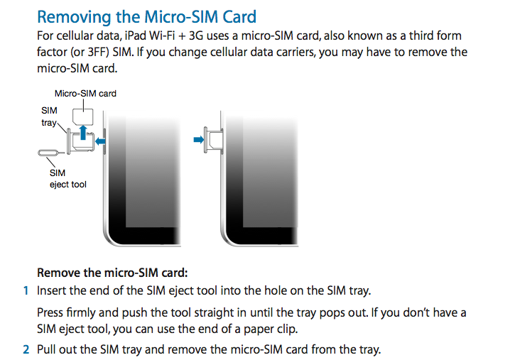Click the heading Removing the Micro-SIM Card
point(147,17)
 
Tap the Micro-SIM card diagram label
point(85,94)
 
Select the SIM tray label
point(49,116)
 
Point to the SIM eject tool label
point(67,178)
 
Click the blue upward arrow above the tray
point(83,132)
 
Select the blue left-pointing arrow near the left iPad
point(100,141)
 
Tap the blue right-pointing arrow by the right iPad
point(198,139)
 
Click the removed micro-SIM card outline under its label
point(82,116)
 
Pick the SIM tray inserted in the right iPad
point(213,140)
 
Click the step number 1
point(26,290)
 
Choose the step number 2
point(26,349)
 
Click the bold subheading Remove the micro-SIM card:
point(112,273)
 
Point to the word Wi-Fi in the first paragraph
point(162,36)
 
